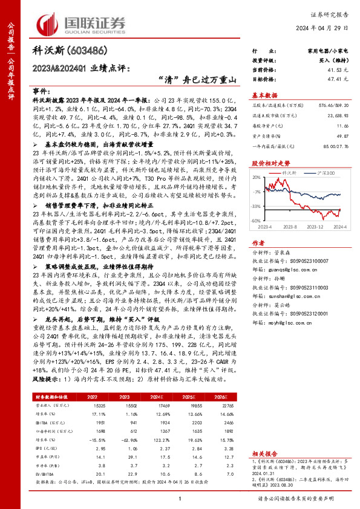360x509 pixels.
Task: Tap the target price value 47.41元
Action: (x=329, y=79)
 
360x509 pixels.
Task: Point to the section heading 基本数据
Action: (x=264, y=95)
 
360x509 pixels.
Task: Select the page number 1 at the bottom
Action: (x=180, y=498)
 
